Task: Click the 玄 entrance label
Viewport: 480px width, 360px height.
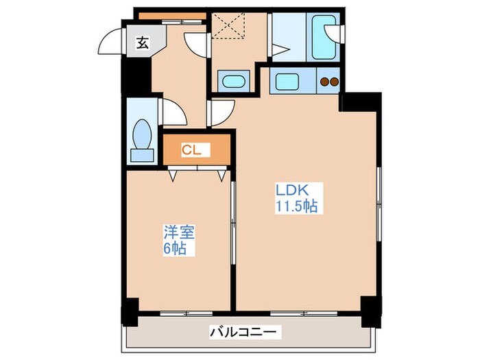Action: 141,43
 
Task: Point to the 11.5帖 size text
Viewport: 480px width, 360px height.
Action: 296,206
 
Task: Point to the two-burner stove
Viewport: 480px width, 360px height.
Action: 330,83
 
